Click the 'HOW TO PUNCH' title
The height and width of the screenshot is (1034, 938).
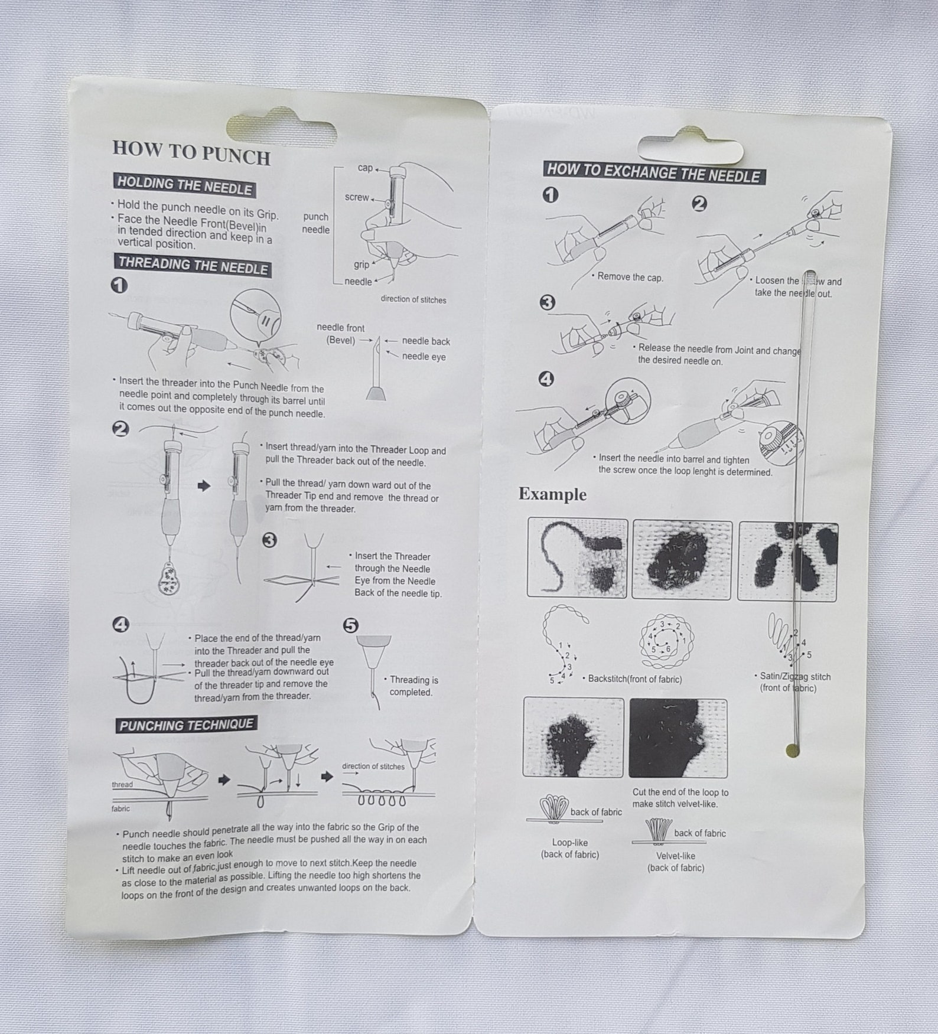point(191,153)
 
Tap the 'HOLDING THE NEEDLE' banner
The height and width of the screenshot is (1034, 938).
point(185,186)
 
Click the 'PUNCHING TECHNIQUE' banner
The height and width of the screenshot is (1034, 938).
point(186,725)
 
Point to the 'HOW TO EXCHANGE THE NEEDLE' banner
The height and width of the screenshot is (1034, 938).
point(654,173)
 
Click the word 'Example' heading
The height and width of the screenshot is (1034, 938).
point(552,494)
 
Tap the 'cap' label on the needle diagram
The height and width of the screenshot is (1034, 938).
point(365,168)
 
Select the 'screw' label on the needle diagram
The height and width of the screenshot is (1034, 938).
point(357,197)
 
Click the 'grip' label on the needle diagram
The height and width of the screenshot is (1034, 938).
point(361,265)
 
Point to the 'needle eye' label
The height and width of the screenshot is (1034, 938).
point(424,356)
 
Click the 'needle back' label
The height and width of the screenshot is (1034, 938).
point(426,341)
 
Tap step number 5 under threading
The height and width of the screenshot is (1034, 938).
point(350,625)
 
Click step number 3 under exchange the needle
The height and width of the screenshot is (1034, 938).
point(548,303)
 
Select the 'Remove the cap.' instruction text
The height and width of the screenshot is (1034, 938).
point(630,276)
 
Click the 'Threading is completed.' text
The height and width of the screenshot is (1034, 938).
point(413,686)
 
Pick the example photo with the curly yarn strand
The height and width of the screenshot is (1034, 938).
point(577,558)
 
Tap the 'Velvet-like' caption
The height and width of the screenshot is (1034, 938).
point(676,856)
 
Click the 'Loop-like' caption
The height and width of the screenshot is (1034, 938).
point(570,843)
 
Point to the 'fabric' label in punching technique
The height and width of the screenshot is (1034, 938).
point(120,808)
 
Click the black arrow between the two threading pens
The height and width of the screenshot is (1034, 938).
point(204,486)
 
